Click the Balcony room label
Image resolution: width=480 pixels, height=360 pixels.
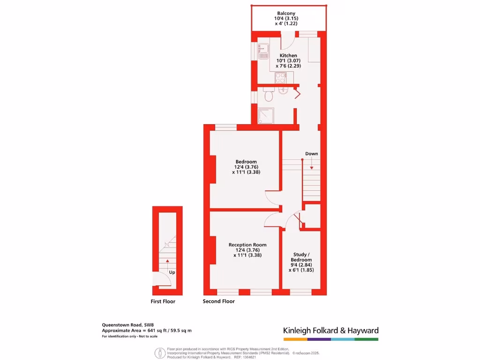point(286,14)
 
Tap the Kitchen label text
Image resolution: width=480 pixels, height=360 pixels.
point(288,56)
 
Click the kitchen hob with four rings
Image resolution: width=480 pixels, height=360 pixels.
point(281,78)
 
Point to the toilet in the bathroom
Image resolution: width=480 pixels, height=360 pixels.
point(269,96)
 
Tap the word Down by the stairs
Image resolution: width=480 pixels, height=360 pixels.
point(312,154)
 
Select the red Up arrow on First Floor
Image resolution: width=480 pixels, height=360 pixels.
point(167,260)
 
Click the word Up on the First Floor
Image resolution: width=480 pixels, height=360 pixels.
point(172,272)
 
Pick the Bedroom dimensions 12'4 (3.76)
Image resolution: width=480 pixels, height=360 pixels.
point(246,167)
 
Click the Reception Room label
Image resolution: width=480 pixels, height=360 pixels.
point(247,245)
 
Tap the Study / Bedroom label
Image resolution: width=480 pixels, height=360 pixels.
point(301,257)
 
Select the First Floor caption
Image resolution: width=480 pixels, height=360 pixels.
point(163,301)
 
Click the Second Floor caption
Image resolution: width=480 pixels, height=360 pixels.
point(218,301)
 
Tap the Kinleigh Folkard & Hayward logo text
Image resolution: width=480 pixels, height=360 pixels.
point(330,330)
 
